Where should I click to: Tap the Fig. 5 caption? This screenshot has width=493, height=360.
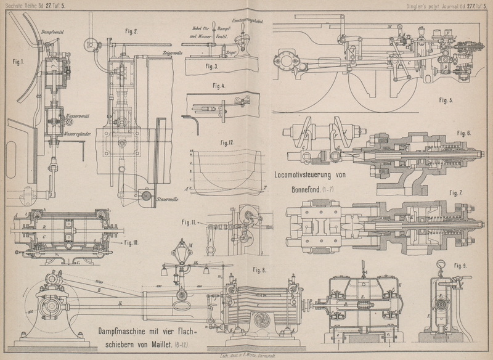point(442,100)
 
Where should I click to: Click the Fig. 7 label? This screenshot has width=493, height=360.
point(457,192)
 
